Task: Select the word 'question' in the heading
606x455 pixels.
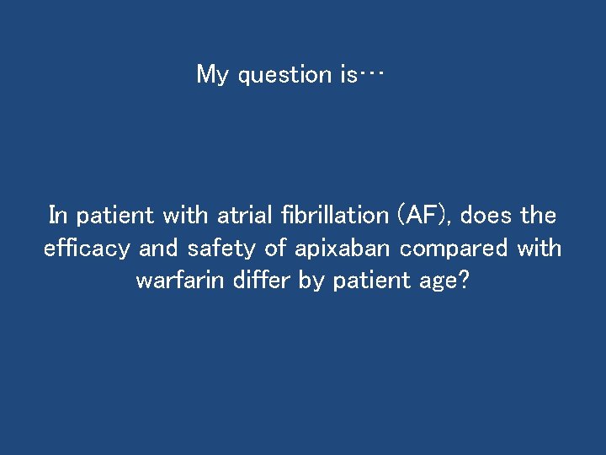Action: (x=285, y=76)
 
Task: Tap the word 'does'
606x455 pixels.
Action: (x=486, y=216)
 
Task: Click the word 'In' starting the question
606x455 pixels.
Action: (x=58, y=216)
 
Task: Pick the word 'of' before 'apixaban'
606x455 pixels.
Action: (x=276, y=249)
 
